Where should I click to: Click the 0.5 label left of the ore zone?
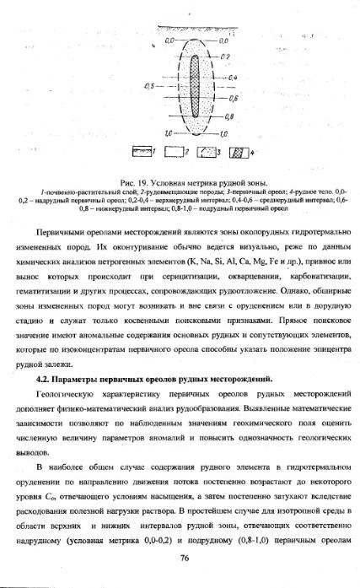coord(150,86)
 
